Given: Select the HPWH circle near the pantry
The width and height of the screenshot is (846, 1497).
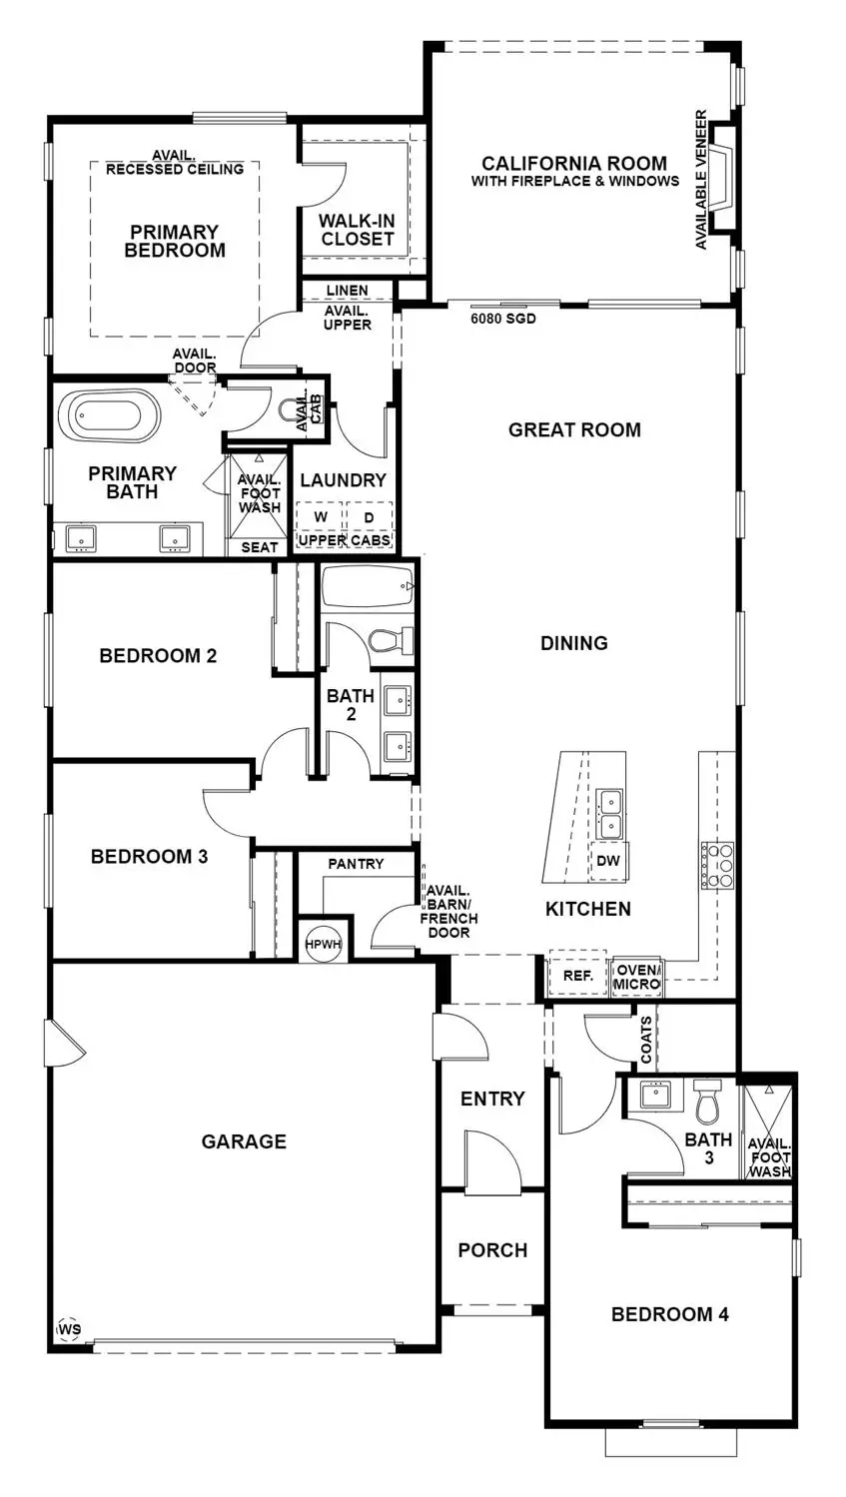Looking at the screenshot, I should point(323,943).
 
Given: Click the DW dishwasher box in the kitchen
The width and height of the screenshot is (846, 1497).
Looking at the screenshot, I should point(607,861).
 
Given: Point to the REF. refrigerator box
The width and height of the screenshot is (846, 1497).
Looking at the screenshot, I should point(578,975).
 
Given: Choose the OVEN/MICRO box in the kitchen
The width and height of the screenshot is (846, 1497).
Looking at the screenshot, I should point(636,977).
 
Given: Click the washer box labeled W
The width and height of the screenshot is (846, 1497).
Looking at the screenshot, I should point(321,517).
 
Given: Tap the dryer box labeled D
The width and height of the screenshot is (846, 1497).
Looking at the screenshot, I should point(368,517).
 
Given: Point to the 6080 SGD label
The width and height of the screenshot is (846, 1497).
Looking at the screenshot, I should point(503,320).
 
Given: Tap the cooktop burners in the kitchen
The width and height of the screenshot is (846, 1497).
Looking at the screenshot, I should point(718,865).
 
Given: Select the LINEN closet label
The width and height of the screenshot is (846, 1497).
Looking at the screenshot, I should point(347,291).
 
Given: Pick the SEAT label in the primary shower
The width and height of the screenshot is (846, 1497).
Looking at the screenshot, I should point(260,547).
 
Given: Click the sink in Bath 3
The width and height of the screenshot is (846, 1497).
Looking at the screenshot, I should point(654,1096).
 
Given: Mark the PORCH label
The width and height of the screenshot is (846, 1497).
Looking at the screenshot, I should point(492,1250).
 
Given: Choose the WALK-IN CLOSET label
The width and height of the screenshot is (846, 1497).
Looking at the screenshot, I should point(357,230).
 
